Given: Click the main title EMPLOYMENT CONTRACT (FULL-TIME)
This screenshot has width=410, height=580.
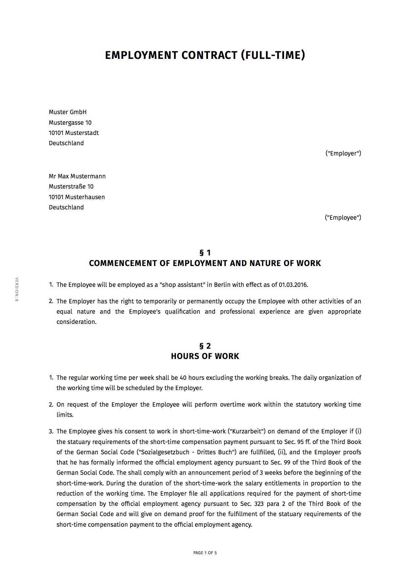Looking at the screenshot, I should point(205,55).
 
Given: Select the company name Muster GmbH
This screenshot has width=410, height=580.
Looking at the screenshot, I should point(67,112).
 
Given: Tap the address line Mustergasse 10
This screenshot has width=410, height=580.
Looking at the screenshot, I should point(70,123).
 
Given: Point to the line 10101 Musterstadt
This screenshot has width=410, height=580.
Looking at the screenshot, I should point(74,133).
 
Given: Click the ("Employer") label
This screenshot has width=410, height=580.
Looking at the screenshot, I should point(343,154).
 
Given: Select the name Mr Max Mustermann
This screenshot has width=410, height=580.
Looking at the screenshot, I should point(77,176).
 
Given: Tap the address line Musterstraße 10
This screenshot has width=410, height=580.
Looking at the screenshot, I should point(71,187).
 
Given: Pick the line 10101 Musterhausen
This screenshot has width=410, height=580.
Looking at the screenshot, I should point(77,197).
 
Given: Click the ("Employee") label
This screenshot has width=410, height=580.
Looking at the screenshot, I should point(343,218).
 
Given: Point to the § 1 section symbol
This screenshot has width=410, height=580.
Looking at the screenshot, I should point(205,253).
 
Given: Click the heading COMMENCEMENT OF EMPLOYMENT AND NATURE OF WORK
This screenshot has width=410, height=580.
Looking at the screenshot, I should point(205,264).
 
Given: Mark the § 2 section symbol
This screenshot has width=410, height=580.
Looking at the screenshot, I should point(205,346).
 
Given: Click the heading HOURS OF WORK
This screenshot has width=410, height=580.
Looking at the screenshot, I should point(205,357).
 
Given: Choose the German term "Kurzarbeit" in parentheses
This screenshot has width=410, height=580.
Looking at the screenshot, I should point(247,431).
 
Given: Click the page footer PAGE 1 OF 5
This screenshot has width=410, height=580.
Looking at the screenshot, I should point(205,553).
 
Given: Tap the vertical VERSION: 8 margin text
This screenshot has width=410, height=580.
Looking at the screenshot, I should point(17,289).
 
